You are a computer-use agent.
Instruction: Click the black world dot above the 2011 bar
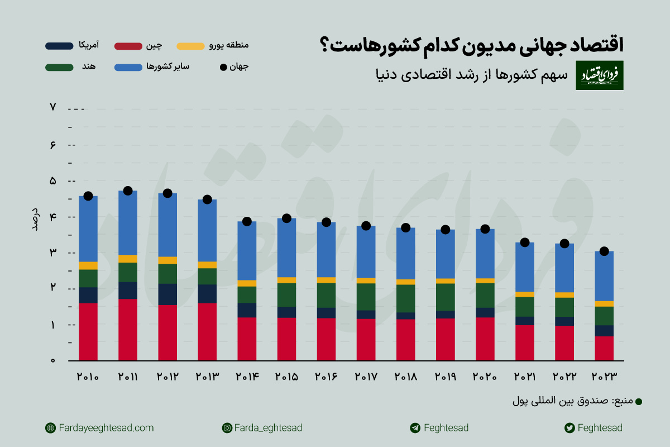click(x=128, y=191)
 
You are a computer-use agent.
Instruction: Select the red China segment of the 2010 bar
click(x=88, y=331)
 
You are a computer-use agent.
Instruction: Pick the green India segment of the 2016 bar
click(x=327, y=295)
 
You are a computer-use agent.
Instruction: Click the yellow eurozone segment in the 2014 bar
click(x=247, y=283)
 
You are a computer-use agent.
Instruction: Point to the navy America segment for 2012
click(x=167, y=294)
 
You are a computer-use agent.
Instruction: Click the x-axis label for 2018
click(x=406, y=377)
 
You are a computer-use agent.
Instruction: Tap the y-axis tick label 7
click(x=53, y=107)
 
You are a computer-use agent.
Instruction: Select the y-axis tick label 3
click(x=53, y=253)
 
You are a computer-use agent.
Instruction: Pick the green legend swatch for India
click(x=59, y=67)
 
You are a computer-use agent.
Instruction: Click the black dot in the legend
click(x=223, y=67)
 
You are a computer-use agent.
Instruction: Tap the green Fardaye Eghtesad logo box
click(x=600, y=75)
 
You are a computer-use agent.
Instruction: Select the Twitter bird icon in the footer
click(x=569, y=428)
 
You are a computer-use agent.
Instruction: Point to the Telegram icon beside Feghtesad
click(x=414, y=428)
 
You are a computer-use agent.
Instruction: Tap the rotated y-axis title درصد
click(x=35, y=218)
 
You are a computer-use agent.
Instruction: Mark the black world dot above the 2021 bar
click(x=525, y=242)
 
